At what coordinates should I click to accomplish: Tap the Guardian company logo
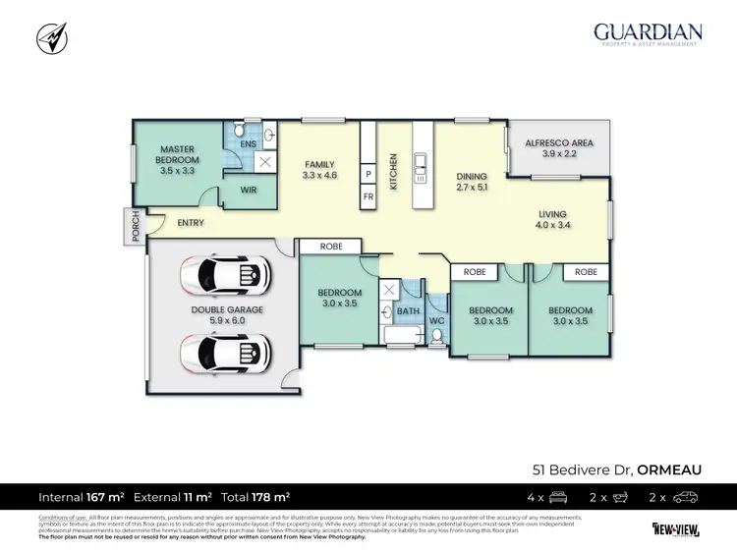click(647, 33)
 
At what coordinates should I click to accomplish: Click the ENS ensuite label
click(248, 144)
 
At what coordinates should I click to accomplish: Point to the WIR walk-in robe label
click(248, 191)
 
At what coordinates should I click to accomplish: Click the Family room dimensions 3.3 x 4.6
click(319, 177)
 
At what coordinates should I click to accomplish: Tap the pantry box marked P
click(368, 174)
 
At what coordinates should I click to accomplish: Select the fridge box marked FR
click(368, 196)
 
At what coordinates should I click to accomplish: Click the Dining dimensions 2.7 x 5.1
click(472, 188)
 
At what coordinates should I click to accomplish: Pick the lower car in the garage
click(223, 349)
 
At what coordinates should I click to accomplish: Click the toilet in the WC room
click(437, 337)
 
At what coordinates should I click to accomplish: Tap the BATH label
click(407, 312)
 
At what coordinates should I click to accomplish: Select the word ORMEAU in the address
click(669, 470)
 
